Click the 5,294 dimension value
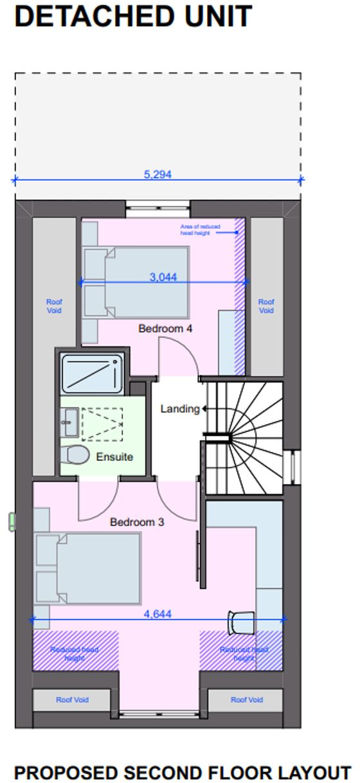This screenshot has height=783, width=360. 158,174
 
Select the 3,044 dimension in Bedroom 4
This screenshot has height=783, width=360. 163,277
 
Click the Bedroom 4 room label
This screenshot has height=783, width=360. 165,328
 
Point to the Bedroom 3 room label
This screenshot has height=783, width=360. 137,522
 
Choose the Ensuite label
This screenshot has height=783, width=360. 114,457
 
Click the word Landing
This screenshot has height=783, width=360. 179,408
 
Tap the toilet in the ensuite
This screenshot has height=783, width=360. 75,455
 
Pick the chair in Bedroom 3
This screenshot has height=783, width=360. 239,622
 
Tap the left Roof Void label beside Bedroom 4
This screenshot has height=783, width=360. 54,306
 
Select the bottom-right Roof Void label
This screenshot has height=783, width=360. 246,699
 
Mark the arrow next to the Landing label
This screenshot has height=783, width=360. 203,408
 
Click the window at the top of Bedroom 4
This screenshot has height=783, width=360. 157,206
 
